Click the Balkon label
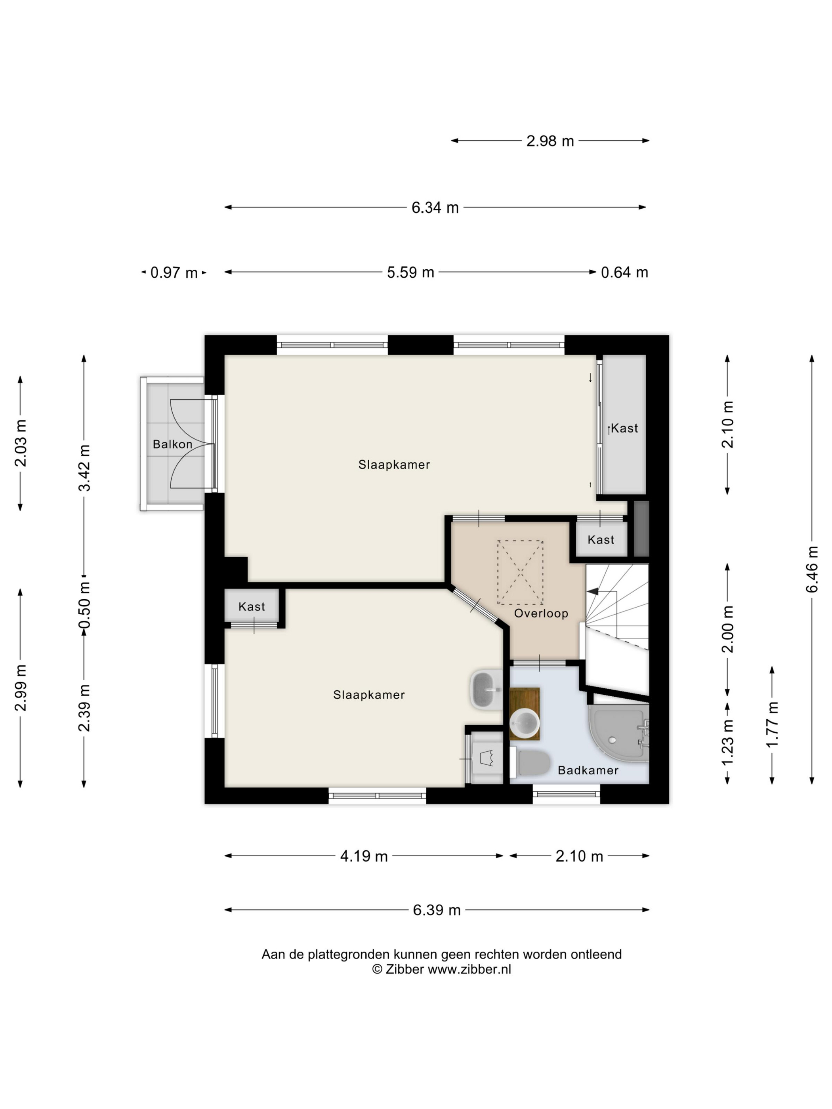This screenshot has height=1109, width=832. point(172,444)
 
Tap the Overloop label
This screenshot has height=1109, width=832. point(541,613)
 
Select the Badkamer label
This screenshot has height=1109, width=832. point(588,770)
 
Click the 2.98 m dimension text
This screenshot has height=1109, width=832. point(550,141)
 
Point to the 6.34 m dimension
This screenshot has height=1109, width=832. point(435,208)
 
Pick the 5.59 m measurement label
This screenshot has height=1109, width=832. point(410,272)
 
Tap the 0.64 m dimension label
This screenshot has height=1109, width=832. point(624,272)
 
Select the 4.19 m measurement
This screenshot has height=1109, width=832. point(364,856)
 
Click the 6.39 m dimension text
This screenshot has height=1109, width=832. point(436,910)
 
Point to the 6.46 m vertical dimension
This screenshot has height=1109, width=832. point(812,569)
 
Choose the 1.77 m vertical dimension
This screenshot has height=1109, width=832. point(772,724)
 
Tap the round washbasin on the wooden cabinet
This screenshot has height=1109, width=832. point(524,723)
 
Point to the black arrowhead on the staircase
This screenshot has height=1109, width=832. point(593,592)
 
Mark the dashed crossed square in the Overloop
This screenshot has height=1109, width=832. point(520,572)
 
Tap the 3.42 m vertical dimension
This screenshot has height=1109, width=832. point(84,467)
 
